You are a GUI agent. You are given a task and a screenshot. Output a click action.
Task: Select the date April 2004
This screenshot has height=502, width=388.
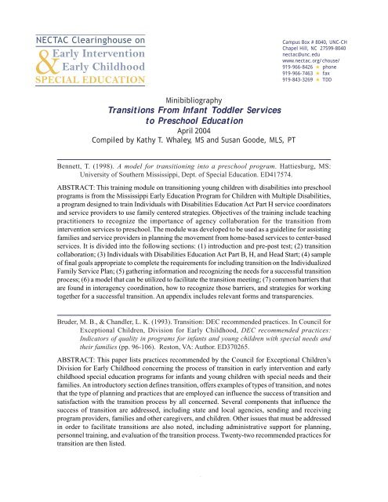194,133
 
